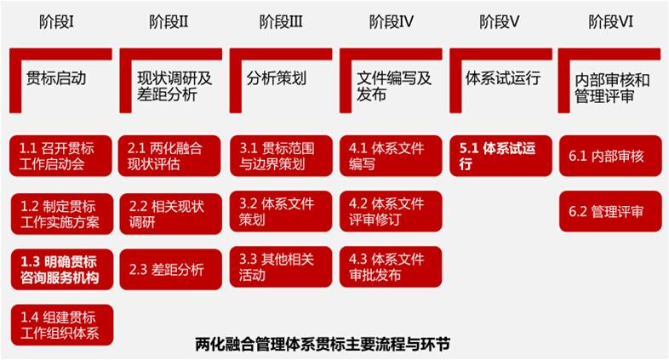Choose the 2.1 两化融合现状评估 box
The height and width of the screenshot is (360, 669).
coord(171,156)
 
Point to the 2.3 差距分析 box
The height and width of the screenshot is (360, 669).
coord(171,269)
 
